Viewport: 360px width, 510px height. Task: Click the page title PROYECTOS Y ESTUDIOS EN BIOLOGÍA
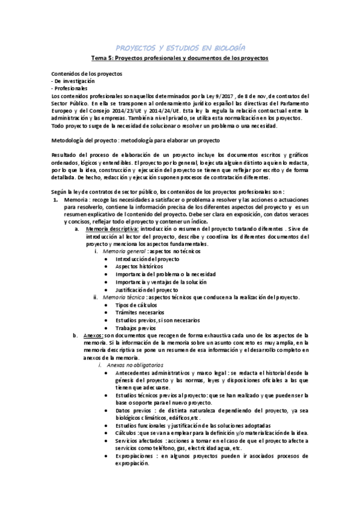[x=180, y=47]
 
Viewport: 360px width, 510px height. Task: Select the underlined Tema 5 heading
[x=180, y=58]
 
